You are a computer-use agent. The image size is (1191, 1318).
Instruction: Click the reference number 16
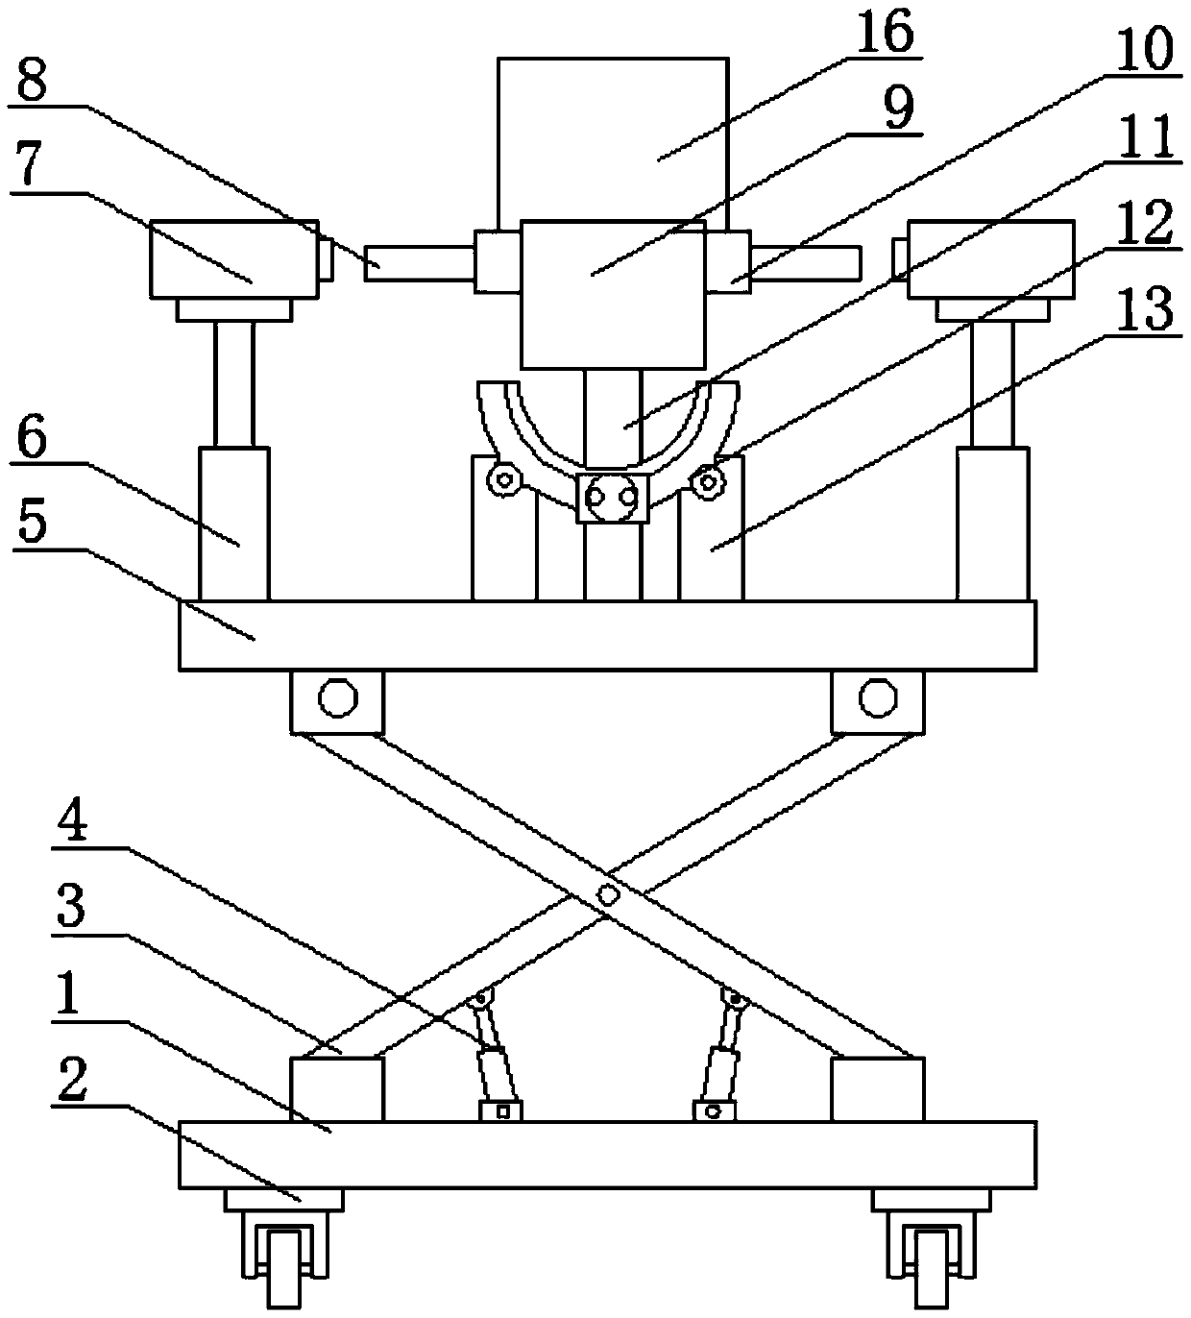(x=885, y=35)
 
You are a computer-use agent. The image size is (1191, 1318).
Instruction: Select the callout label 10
(x=1144, y=49)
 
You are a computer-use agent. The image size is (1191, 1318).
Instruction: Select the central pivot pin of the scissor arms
(x=607, y=894)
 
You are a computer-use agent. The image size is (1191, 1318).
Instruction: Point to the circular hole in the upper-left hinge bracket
(x=335, y=698)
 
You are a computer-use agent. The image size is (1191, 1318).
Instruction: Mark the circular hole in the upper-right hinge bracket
(x=875, y=698)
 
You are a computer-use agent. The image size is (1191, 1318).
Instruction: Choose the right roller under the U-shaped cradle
(x=710, y=478)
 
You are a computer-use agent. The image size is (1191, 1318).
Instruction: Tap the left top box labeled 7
(x=233, y=258)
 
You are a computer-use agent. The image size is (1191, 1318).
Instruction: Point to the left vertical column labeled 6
(x=233, y=524)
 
